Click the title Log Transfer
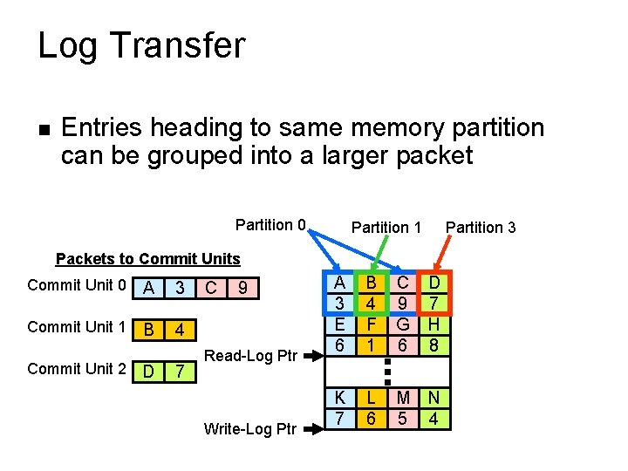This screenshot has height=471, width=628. [x=141, y=45]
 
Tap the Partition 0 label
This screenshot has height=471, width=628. [x=270, y=225]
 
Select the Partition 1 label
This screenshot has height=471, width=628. [x=386, y=227]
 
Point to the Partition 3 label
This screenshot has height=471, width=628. [x=481, y=227]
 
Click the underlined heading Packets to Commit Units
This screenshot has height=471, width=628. [x=147, y=258]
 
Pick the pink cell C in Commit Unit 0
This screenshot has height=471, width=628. [x=209, y=287]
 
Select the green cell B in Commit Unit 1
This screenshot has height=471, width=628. [x=149, y=330]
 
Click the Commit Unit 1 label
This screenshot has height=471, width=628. [x=77, y=327]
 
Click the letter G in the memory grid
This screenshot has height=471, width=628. [x=402, y=324]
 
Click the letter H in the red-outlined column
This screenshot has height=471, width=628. [x=433, y=324]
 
